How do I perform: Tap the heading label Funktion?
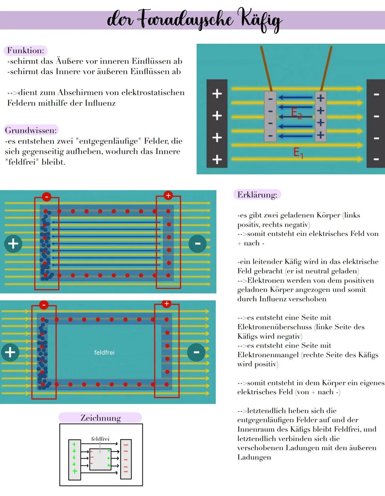(25, 51)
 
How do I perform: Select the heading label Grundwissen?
(31, 130)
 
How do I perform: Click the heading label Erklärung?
(257, 195)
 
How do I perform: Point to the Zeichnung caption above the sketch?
(101, 418)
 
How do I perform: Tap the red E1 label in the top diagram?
(298, 153)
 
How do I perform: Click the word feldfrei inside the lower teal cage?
(104, 352)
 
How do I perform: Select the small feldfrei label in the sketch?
(100, 439)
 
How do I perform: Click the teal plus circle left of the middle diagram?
(13, 244)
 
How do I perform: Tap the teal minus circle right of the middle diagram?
(197, 244)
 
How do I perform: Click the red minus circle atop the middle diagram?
(47, 196)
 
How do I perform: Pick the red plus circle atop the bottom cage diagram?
(166, 304)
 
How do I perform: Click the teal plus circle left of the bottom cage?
(10, 352)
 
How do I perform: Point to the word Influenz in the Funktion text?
(100, 103)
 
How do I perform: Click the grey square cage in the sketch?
(100, 459)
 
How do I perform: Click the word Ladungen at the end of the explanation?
(254, 457)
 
